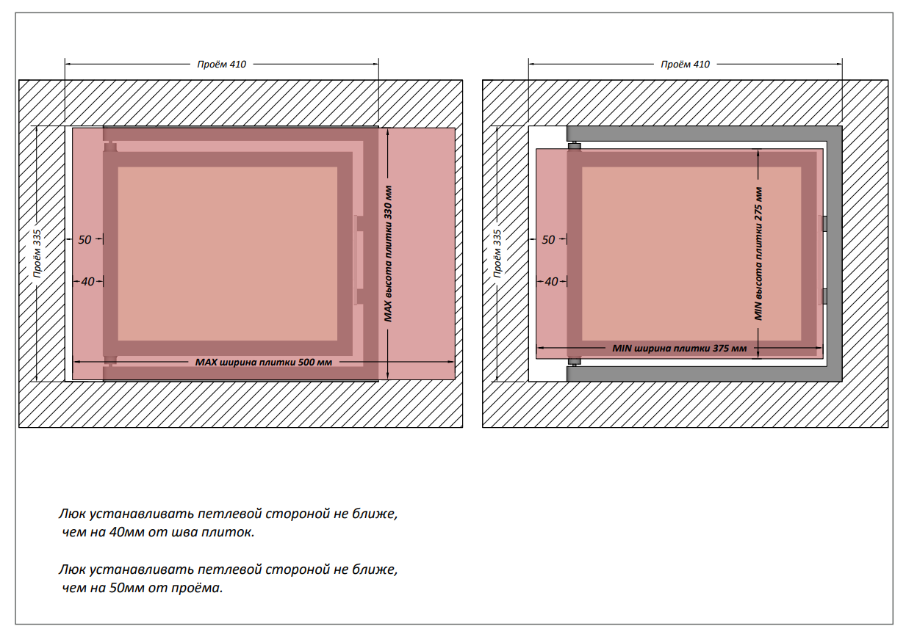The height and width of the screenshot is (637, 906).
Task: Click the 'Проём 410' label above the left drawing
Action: click(221, 65)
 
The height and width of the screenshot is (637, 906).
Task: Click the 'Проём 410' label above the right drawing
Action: click(685, 65)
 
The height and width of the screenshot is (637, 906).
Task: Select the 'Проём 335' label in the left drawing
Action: click(37, 254)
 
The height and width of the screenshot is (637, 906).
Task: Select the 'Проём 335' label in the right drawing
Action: click(497, 254)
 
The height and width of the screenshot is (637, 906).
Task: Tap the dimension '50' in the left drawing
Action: click(85, 239)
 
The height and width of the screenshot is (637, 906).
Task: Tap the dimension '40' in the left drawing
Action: click(87, 282)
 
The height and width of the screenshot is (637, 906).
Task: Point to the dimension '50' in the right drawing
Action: click(548, 239)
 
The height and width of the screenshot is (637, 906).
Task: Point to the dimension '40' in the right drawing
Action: click(551, 282)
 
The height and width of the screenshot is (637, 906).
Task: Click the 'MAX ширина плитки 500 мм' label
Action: click(264, 362)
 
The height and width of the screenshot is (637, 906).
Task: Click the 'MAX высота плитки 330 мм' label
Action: click(388, 254)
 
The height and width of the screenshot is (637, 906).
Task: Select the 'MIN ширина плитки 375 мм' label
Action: click(680, 348)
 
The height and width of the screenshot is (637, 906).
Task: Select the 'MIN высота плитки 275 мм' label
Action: click(758, 254)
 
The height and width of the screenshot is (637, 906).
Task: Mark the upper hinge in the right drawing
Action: click(574, 146)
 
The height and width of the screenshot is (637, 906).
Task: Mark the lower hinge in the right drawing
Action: click(574, 362)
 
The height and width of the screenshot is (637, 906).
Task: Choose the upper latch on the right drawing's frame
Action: click(824, 223)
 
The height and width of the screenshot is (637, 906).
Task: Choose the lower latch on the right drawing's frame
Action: click(824, 296)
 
